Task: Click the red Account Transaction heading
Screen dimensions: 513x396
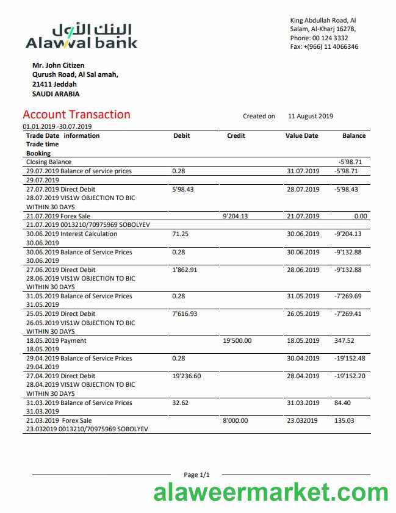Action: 76,115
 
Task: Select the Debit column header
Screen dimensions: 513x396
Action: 182,135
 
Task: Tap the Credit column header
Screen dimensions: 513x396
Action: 236,135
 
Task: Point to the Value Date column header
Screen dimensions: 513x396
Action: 301,135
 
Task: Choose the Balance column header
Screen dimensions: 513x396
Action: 354,135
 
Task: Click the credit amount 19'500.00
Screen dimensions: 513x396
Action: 238,340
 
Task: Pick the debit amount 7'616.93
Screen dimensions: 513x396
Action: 185,314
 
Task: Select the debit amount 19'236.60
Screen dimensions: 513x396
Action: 187,376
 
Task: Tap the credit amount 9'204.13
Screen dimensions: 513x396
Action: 235,215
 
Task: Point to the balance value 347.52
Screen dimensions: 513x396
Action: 345,340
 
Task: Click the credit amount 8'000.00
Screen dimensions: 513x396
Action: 235,420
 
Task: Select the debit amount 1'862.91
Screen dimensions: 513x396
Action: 185,270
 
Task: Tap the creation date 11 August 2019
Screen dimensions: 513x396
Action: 311,116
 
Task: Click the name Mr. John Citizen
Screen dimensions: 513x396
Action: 59,65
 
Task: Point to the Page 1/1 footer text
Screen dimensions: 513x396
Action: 196,475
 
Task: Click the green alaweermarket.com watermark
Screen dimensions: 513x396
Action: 271,492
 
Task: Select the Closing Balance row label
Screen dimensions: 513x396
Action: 49,162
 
